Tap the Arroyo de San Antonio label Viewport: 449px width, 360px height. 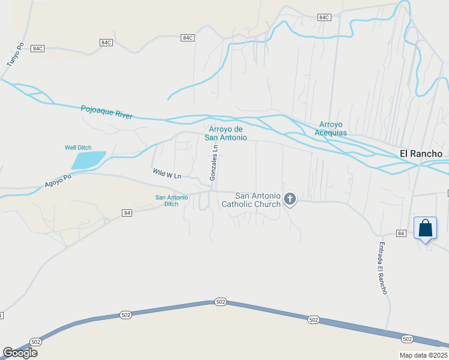pyautogui.click(x=226, y=133)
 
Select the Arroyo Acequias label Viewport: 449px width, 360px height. pyautogui.click(x=330, y=128)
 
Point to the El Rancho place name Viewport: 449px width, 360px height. pyautogui.click(x=421, y=154)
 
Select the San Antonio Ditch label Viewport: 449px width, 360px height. pyautogui.click(x=171, y=200)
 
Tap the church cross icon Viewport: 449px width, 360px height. pyautogui.click(x=290, y=199)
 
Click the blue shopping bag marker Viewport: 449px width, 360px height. pyautogui.click(x=425, y=229)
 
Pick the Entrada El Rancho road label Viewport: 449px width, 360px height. pyautogui.click(x=382, y=268)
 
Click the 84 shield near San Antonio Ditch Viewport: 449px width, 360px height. pyautogui.click(x=126, y=213)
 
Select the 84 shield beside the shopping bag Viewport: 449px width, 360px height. pyautogui.click(x=402, y=232)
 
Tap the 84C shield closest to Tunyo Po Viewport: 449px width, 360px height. pyautogui.click(x=38, y=48)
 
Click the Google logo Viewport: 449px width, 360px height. pyautogui.click(x=20, y=353)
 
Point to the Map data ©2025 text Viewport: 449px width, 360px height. pyautogui.click(x=423, y=355)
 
